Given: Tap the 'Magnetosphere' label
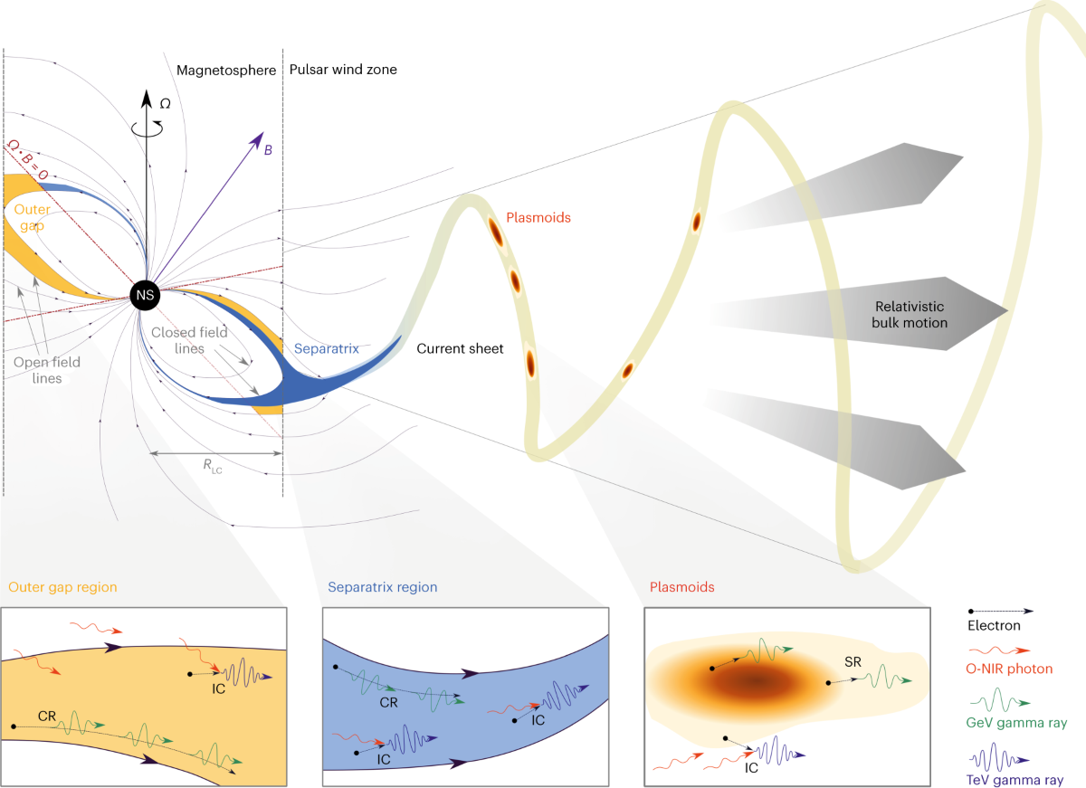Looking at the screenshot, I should click(x=226, y=70).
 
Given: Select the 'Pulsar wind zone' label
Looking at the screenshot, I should click(x=343, y=70).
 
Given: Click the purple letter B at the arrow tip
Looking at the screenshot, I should click(x=267, y=150).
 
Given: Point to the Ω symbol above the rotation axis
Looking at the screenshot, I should click(x=165, y=104).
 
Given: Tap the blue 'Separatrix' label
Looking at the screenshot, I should click(x=327, y=347).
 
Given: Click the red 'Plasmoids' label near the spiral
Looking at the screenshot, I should click(x=538, y=217).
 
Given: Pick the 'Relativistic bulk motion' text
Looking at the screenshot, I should click(x=911, y=314).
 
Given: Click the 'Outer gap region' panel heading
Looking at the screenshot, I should click(x=62, y=587).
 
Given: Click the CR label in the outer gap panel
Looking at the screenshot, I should click(x=49, y=715).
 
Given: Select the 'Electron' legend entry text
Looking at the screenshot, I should click(x=995, y=625).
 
